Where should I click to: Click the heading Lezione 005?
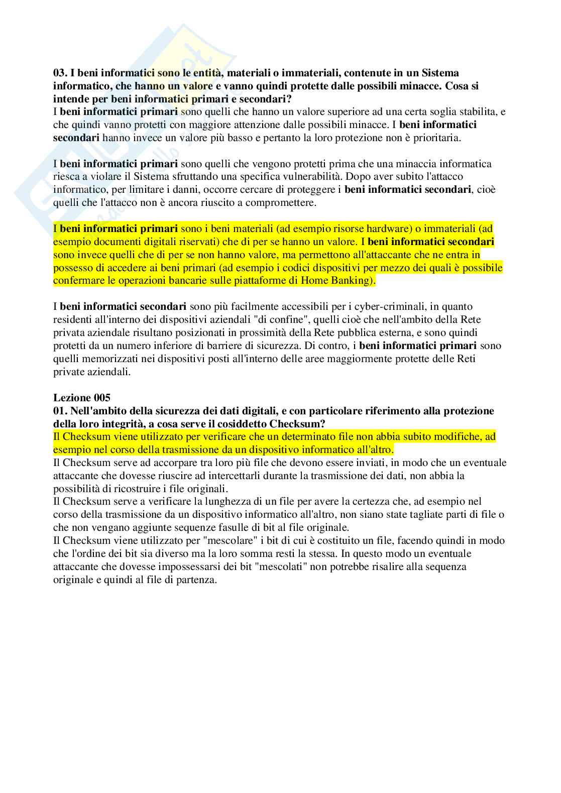tap(81, 398)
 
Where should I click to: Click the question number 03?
tap(60, 73)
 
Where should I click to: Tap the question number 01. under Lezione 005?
tap(60, 411)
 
